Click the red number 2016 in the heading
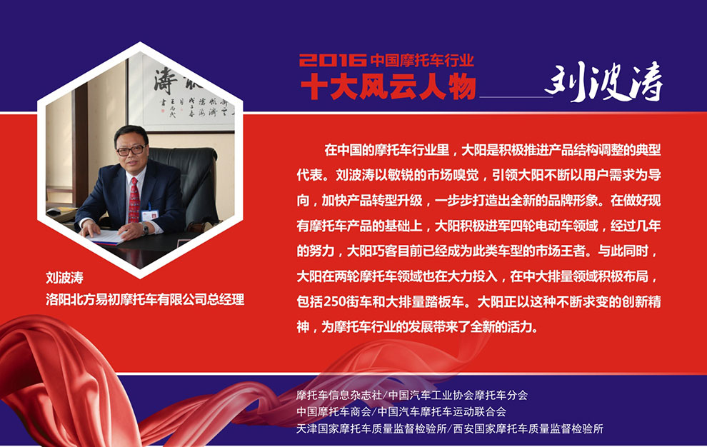point(333,60)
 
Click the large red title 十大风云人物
point(388,86)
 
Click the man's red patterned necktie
point(134,200)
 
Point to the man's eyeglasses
point(131,150)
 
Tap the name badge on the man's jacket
point(149,215)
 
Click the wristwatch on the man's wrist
point(145,230)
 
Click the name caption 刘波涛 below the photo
point(64,277)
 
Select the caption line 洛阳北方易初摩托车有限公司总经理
point(145,299)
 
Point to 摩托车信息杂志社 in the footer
point(339,395)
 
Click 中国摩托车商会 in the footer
point(334,412)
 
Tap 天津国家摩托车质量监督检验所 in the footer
point(371,428)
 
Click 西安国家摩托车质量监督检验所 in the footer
point(528,428)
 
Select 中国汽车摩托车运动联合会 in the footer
point(441,412)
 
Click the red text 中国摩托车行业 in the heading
point(423,60)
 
